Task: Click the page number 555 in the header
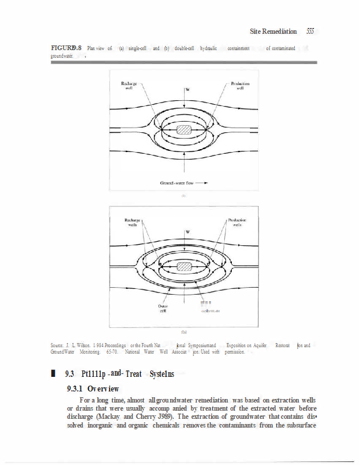(x=306, y=31)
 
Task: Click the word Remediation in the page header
(x=277, y=31)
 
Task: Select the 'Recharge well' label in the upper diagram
(x=129, y=86)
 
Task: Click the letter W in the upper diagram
(x=188, y=90)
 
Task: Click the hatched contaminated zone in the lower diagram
(x=184, y=267)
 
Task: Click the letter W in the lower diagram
(x=188, y=232)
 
